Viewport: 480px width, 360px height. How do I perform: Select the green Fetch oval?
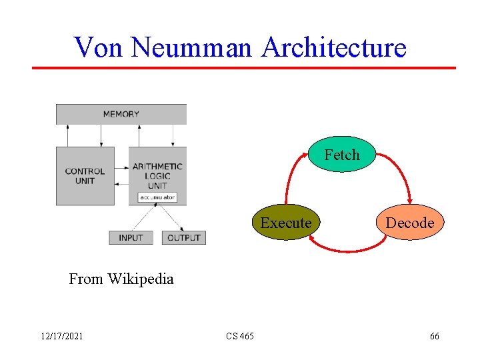pyautogui.click(x=342, y=155)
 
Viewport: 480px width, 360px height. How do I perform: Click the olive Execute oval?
pyautogui.click(x=286, y=223)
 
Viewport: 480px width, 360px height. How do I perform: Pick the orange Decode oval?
pyautogui.click(x=409, y=223)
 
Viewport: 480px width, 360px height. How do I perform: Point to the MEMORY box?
pyautogui.click(x=121, y=114)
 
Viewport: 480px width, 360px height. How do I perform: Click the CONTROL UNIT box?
pyautogui.click(x=85, y=176)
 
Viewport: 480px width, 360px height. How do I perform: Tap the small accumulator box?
pyautogui.click(x=158, y=197)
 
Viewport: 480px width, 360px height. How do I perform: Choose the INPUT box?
pyautogui.click(x=131, y=237)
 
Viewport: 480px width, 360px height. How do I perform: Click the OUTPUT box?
pyautogui.click(x=183, y=237)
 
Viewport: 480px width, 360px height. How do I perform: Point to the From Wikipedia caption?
pyautogui.click(x=121, y=279)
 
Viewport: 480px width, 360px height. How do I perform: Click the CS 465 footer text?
pyautogui.click(x=239, y=337)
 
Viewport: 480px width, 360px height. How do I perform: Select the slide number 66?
pyautogui.click(x=434, y=337)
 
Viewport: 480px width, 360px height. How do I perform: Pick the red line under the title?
pyautogui.click(x=244, y=67)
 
